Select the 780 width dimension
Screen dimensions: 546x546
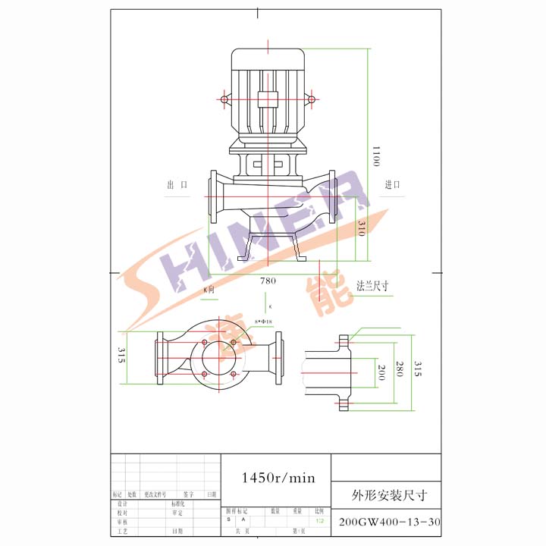point(268,280)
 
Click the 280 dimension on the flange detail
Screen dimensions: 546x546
point(399,372)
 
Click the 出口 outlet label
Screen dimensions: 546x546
point(177,185)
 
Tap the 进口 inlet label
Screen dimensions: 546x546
point(392,185)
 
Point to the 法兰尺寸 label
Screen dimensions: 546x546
point(373,286)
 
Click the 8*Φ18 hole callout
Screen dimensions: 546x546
point(265,322)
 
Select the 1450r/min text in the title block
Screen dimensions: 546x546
point(277,478)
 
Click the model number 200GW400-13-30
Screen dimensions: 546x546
point(388,522)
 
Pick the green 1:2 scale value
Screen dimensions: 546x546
point(320,520)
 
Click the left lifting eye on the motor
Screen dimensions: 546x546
point(224,99)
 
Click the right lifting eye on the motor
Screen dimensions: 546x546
point(311,99)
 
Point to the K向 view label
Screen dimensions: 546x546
point(209,290)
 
